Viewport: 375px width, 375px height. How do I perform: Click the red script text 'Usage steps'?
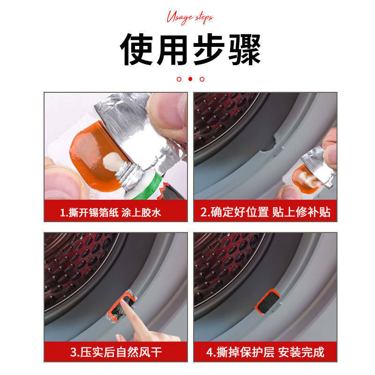189,17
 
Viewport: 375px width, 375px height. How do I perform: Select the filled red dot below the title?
190,79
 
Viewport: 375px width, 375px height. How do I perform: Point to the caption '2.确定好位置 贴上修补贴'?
265,212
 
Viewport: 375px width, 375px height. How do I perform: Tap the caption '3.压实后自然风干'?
116,352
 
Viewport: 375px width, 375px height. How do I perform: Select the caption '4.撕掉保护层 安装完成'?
265,352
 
